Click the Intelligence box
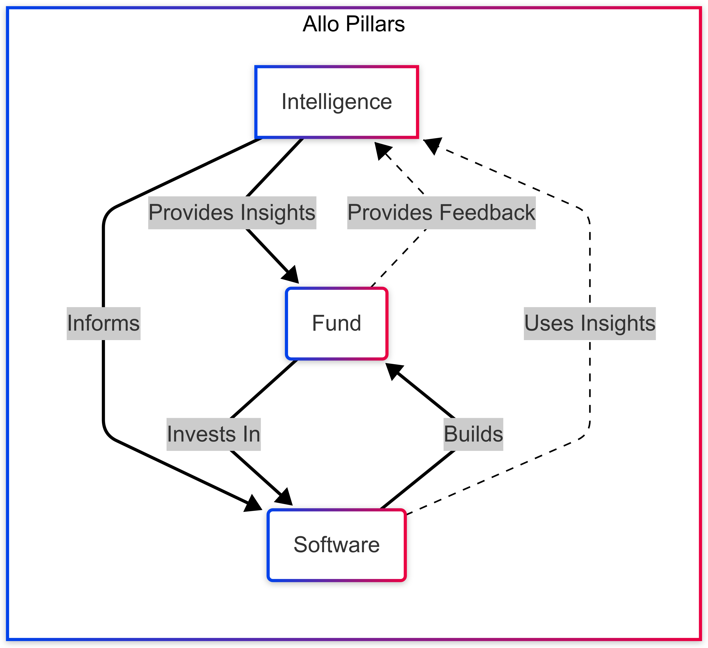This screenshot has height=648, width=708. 336,102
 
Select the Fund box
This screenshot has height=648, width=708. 336,323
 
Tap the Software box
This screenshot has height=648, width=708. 336,545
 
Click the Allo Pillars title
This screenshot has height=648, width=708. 354,24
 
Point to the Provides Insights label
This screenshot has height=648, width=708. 232,213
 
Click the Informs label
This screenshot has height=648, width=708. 104,323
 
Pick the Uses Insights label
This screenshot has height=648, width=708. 590,323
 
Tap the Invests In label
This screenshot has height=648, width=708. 213,434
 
